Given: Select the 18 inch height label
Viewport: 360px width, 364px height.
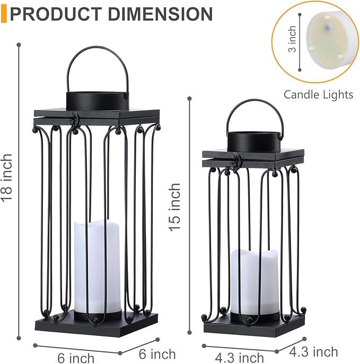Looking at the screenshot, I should (x=7, y=178).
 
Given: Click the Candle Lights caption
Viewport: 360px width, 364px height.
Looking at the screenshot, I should (x=318, y=94).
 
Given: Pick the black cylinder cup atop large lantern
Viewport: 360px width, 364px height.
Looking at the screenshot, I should (x=97, y=100).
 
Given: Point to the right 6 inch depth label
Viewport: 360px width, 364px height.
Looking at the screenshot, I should (x=158, y=353).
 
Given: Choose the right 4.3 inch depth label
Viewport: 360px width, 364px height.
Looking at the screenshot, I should (x=314, y=351).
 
